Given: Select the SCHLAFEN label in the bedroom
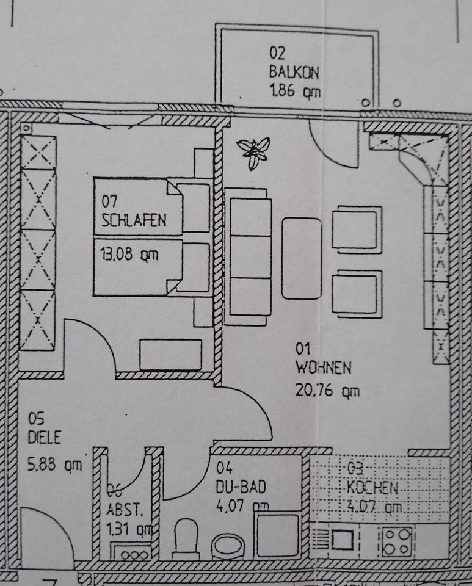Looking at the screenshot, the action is tap(134, 220).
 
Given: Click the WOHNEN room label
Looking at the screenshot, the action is tap(323, 368).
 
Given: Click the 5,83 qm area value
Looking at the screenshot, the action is tap(55, 465).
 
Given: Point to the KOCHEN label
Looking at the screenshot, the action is tap(372, 488).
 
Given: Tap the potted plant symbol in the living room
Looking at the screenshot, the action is tap(253, 151).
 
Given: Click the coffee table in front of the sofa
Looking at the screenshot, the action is tap(302, 258).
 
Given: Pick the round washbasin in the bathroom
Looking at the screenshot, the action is tap(228, 544).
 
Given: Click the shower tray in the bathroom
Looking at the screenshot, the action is tap(278, 535).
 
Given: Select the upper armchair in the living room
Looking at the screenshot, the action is tap(357, 230).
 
